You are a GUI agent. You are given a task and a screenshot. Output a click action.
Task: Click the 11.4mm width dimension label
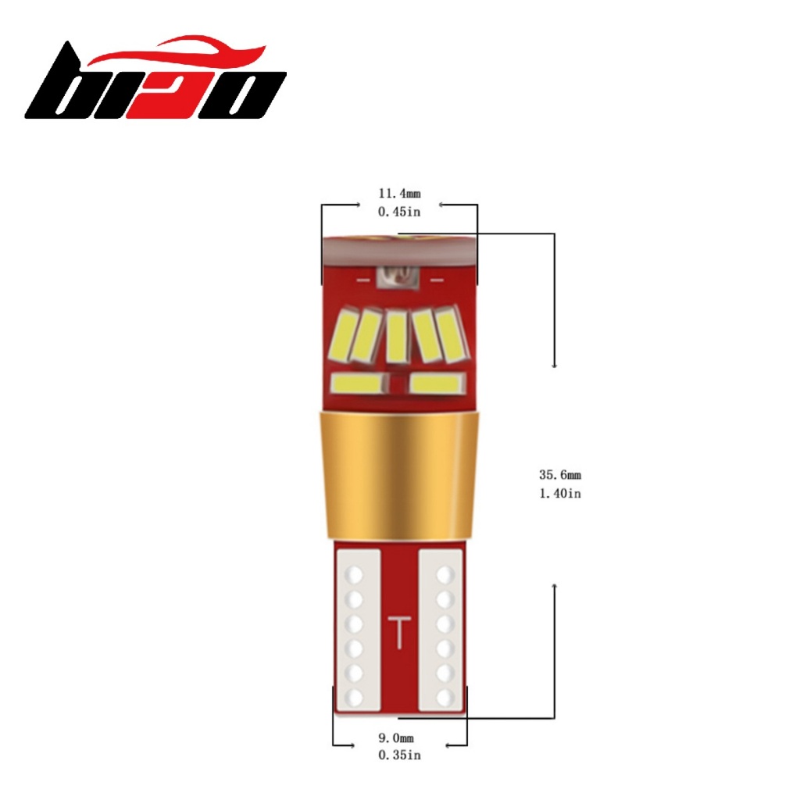(399, 194)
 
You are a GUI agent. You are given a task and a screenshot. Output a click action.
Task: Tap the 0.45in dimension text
(399, 211)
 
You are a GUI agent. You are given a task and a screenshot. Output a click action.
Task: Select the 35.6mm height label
(560, 474)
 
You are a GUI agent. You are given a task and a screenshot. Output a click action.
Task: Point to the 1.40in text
(560, 493)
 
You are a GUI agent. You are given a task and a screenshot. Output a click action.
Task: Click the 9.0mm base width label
(396, 737)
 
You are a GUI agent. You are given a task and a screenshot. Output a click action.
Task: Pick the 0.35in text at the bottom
(399, 755)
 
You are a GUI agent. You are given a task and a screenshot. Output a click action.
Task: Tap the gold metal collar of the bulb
(399, 474)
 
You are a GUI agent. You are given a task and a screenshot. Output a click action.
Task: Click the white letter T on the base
(399, 633)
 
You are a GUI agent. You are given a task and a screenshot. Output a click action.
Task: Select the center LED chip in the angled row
(397, 336)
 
